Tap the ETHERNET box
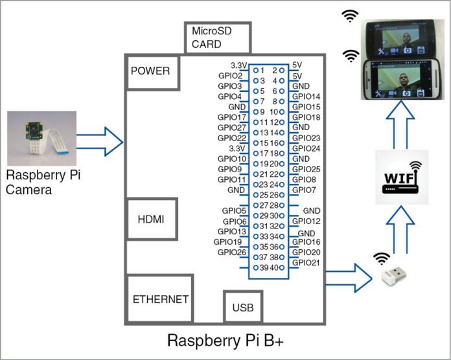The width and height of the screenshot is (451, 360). coord(160,299)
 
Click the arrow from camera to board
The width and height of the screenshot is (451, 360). coord(100,141)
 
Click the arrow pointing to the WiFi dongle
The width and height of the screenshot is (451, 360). coord(348,276)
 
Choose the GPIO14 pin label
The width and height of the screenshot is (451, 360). coord(306,96)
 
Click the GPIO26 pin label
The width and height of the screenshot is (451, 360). coord(231,253)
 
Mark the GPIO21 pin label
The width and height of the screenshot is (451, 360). coord(305,262)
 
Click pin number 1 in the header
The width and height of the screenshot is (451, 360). coord(263,69)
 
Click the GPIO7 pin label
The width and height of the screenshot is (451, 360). coord(303,190)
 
